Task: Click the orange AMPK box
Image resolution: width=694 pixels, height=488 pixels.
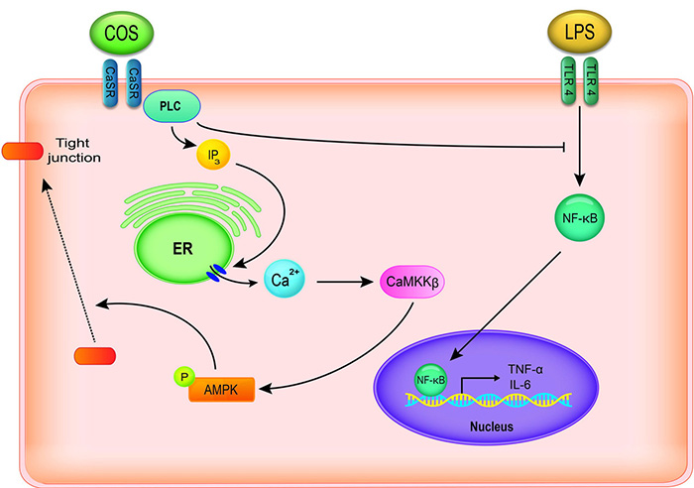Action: coord(222,387)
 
